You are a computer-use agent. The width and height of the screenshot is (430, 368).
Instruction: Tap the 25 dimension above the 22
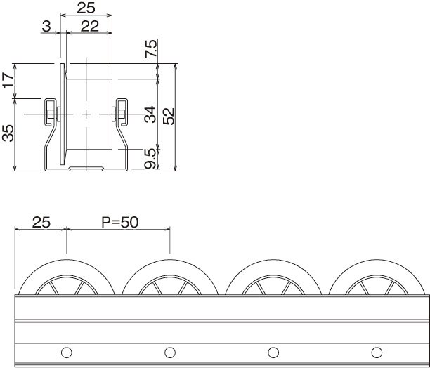86,8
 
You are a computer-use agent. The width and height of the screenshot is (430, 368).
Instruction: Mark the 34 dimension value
150,114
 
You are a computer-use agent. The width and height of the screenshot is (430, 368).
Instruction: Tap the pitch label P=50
120,223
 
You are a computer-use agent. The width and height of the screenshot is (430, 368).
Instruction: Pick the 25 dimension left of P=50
41,223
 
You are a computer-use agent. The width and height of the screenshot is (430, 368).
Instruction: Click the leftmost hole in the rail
66,351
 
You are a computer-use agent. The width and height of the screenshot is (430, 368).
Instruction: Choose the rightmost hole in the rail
375,351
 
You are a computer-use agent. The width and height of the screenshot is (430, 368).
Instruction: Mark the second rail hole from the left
169,351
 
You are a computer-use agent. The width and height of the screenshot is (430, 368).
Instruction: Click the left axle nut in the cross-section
50,112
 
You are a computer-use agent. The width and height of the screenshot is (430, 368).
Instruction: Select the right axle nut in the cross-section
121,112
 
